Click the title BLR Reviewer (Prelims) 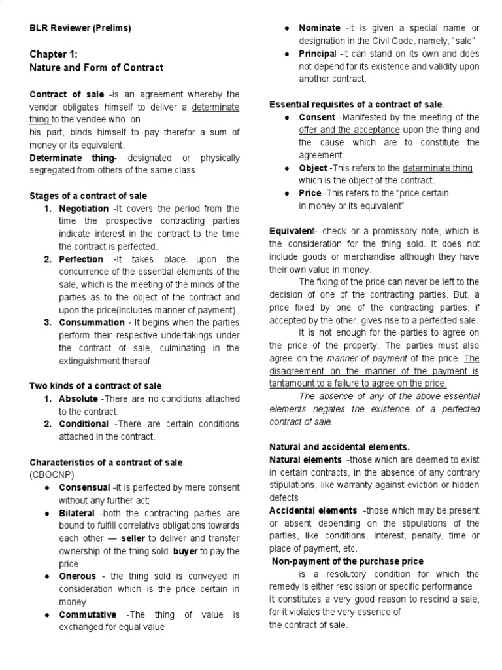coord(80,28)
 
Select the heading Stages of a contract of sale coord(88,196)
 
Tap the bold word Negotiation coord(84,209)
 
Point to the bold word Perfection coord(81,259)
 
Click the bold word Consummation coord(91,323)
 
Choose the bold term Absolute coord(78,399)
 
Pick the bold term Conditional coord(84,424)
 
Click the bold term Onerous coord(77,576)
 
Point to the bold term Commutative coord(88,614)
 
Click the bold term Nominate coord(319,28)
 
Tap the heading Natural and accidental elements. coord(339,447)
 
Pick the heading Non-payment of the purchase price coord(348,561)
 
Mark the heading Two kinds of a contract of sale coord(95,386)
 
